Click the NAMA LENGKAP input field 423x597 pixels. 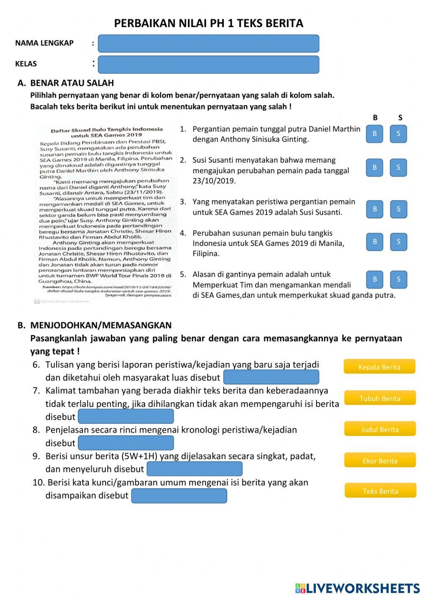point(208,44)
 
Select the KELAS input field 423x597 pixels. point(208,65)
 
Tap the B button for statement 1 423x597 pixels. point(374,134)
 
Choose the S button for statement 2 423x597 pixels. point(398,167)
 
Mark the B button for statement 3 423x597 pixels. point(374,209)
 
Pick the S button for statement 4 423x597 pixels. point(398,242)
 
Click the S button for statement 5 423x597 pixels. point(398,279)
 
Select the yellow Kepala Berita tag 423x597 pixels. point(379,367)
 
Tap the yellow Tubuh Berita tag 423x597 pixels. point(379,398)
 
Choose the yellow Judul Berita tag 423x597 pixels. point(379,429)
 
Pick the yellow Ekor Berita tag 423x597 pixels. point(379,461)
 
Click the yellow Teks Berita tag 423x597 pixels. point(380,491)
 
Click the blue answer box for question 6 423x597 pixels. point(271,377)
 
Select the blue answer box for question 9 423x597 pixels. point(194,469)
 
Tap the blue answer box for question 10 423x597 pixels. point(179,496)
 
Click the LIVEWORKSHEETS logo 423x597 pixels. point(357,588)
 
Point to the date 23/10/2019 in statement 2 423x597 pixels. point(214,181)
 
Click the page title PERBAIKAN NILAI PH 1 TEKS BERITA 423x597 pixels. point(209,23)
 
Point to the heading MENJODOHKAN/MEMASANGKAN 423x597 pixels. point(101,325)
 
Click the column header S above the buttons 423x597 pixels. point(400,118)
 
